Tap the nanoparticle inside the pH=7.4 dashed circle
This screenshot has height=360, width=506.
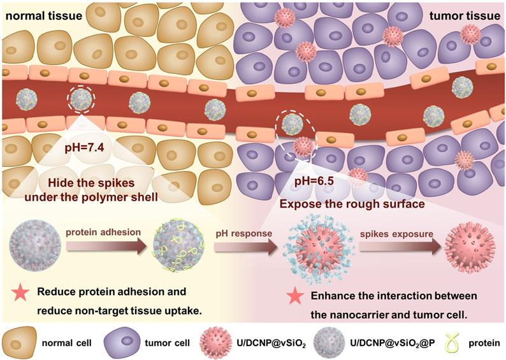[x=81, y=99]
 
